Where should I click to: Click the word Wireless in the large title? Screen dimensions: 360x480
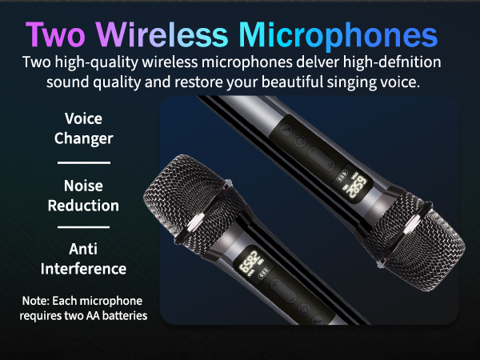point(177,35)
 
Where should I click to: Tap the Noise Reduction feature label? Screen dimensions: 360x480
point(84,195)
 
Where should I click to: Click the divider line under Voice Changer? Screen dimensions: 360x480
point(84,162)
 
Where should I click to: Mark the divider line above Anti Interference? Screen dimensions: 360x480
point(84,228)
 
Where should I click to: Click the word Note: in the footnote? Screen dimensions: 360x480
point(40,301)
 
